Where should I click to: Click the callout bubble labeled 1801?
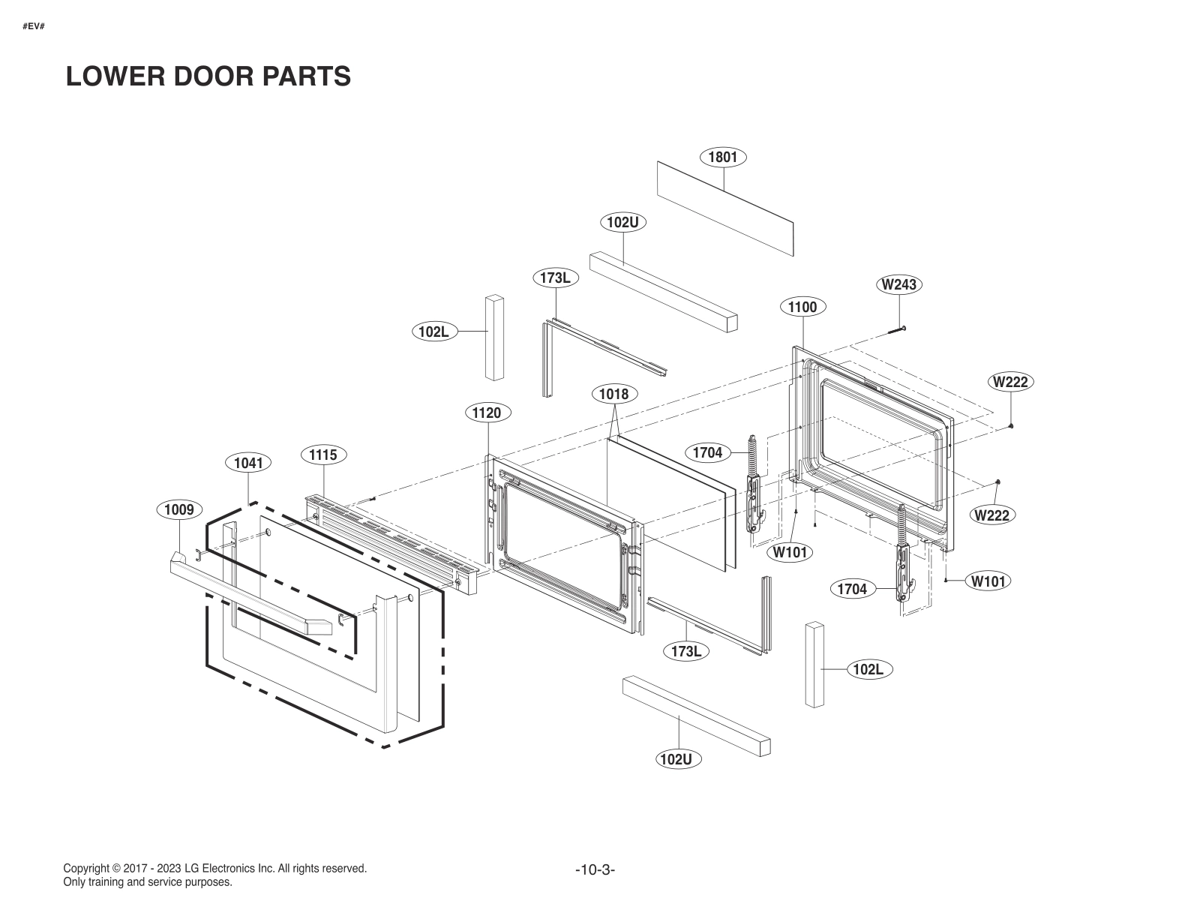tap(723, 157)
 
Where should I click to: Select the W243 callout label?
tap(898, 284)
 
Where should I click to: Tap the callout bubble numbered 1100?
tap(802, 307)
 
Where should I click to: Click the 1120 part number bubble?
tap(487, 412)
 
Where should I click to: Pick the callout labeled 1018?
tap(614, 394)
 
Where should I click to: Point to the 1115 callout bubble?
tap(323, 455)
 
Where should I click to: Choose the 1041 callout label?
tap(248, 463)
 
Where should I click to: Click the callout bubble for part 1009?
tap(179, 510)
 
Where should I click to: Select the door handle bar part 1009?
tap(247, 596)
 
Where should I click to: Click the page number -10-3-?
tap(595, 870)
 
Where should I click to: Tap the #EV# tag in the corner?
tap(33, 26)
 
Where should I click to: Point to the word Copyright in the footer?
tap(87, 869)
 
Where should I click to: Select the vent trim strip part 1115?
tap(390, 542)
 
